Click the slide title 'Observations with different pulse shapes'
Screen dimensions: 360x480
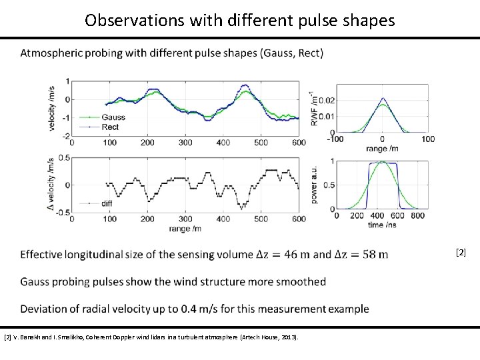pos(240,20)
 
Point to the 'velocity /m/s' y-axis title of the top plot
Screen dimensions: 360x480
pos(52,107)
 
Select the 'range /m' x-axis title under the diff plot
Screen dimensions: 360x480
pos(186,229)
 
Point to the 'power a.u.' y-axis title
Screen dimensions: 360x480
pos(314,185)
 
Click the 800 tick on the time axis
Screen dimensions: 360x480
pos(418,216)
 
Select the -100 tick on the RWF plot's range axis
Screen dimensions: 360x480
pos(334,139)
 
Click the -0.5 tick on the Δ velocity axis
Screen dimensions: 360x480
pos(59,212)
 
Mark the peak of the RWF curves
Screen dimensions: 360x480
pos(382,99)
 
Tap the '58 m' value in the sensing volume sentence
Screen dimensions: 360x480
pos(374,254)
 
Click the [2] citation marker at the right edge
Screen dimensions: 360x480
pos(460,252)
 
